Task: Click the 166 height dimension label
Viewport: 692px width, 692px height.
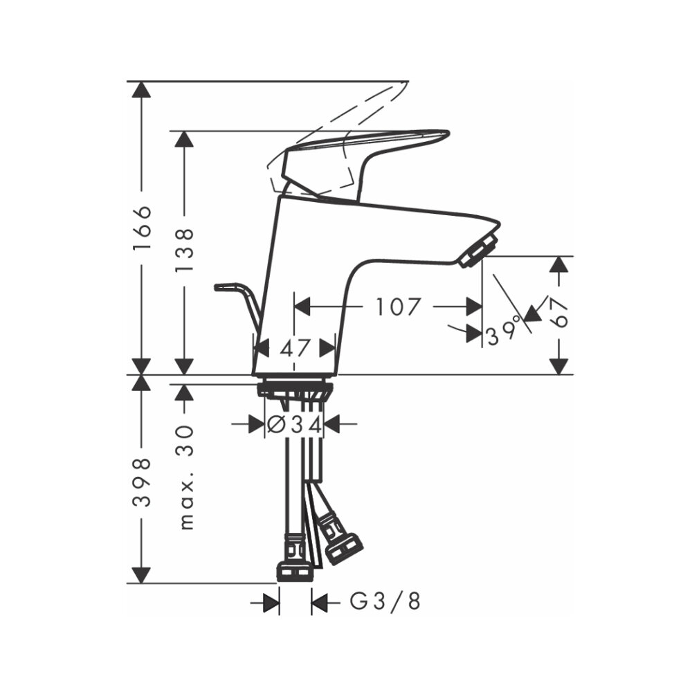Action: tap(142, 228)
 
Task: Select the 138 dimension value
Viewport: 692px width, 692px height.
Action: tap(184, 250)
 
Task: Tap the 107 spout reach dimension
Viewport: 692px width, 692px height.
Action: tap(397, 306)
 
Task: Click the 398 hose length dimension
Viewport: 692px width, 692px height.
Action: tap(142, 482)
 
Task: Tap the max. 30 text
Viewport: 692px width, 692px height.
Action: tap(185, 477)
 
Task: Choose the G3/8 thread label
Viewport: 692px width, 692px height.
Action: tap(385, 603)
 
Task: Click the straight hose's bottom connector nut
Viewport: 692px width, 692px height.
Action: tap(295, 571)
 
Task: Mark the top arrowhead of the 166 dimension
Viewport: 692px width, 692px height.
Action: tap(142, 90)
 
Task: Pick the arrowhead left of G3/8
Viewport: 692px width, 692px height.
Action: tap(271, 603)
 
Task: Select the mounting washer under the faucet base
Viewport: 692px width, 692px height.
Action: tap(295, 389)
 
